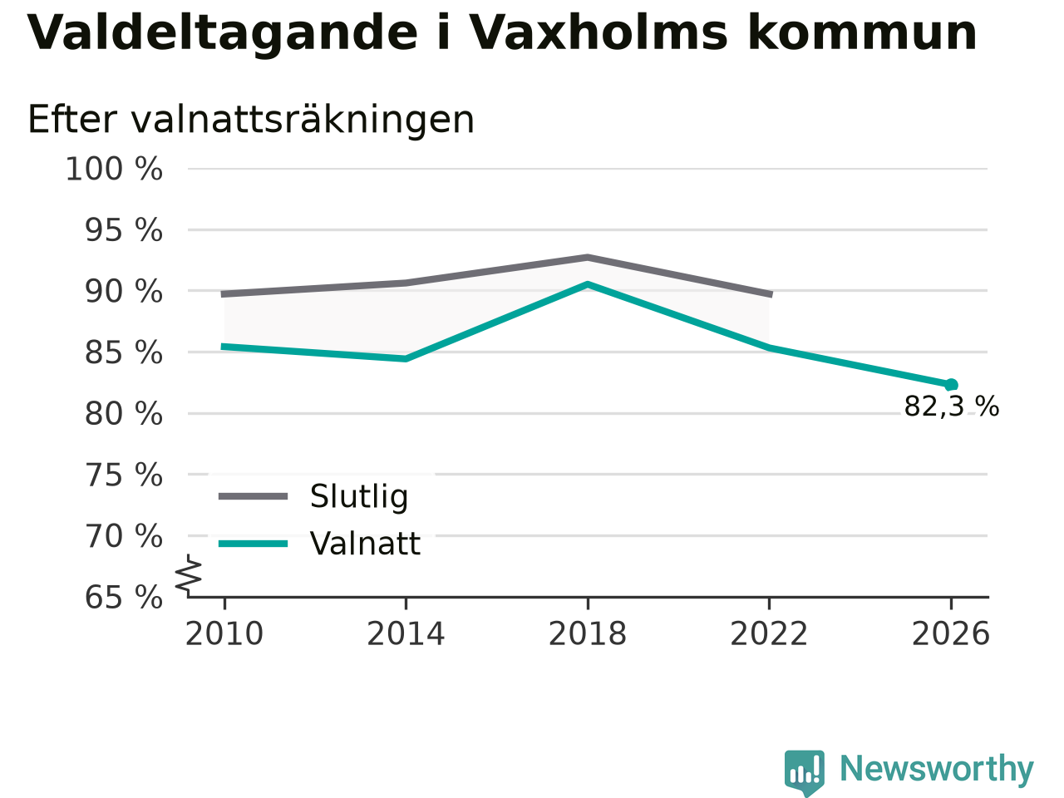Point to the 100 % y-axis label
click(114, 170)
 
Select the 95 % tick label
click(124, 230)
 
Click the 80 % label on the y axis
click(124, 414)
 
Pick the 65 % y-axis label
click(124, 598)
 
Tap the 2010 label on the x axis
click(224, 633)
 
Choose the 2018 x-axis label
click(588, 633)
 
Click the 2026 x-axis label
click(951, 633)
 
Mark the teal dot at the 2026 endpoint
click(951, 385)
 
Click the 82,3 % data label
click(952, 406)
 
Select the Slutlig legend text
click(359, 496)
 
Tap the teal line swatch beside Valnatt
click(253, 544)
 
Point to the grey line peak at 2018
click(588, 257)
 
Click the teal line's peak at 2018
click(588, 284)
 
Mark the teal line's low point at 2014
click(406, 359)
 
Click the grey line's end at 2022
click(771, 294)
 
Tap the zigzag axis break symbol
click(188, 575)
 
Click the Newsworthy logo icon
click(805, 772)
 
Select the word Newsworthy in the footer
click(937, 769)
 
